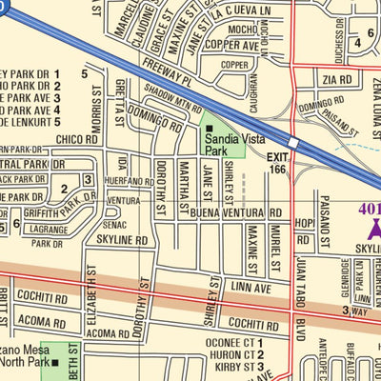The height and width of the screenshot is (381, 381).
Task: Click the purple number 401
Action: coord(370,209)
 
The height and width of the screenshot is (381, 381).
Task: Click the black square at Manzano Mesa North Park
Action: coord(56,362)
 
